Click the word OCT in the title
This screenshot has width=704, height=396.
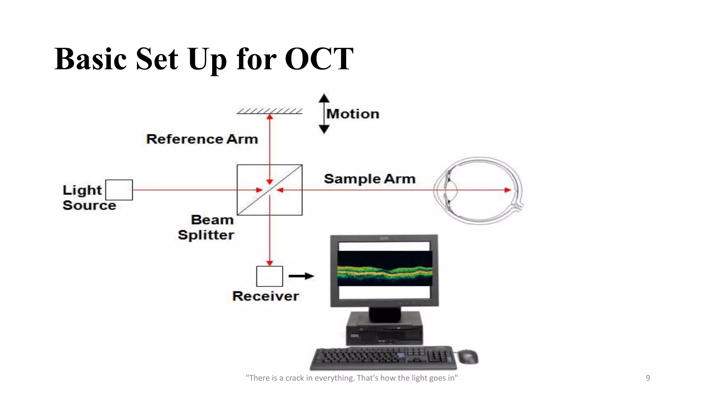coord(319,59)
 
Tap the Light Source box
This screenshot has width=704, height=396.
coord(119,190)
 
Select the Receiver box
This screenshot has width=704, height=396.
coord(269,276)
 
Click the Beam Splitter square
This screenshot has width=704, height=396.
coord(269,190)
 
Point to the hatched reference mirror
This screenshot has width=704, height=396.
coord(269,111)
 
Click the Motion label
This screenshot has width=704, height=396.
coord(353,114)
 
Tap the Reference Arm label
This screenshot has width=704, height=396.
coord(202,139)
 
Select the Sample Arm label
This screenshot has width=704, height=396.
coord(370,179)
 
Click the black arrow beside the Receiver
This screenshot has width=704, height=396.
coord(301,276)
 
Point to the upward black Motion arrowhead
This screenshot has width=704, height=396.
coord(324,98)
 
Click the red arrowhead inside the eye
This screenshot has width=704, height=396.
coord(507,190)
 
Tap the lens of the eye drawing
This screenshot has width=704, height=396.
coord(451,190)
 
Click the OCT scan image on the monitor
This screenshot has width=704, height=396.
coord(385,268)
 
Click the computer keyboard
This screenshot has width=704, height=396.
coord(383,358)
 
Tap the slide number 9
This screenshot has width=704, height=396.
coord(648,378)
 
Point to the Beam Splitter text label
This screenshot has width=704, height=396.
coord(206,227)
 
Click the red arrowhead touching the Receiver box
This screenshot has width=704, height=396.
coord(269,263)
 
